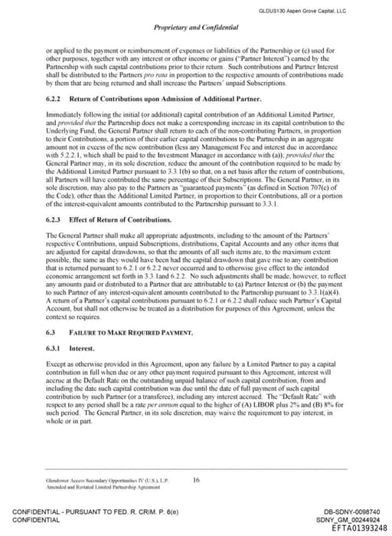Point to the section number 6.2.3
tap(54, 220)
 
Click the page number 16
tap(196, 479)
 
